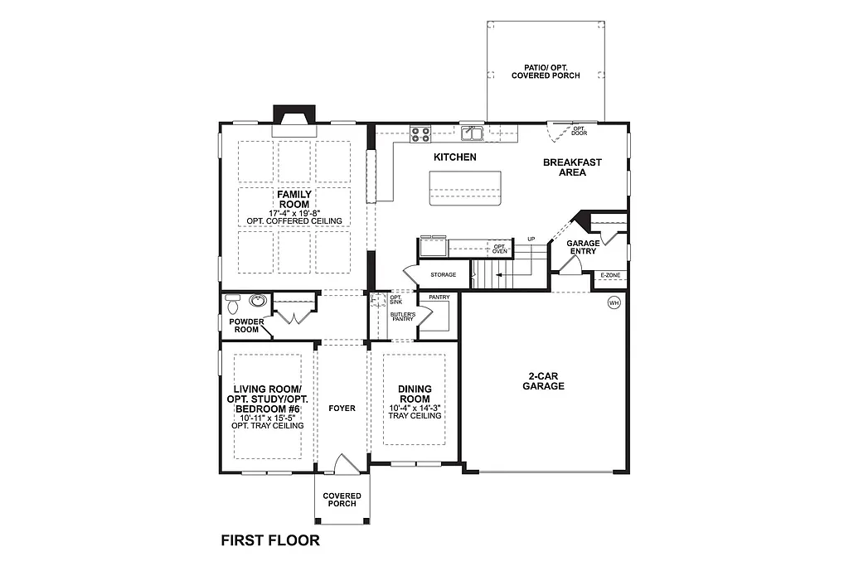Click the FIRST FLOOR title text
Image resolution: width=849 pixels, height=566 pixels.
269,540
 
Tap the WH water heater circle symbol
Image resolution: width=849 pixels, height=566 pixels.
614,302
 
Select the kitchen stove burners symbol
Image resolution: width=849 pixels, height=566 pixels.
420,133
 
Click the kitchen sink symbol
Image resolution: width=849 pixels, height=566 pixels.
473,133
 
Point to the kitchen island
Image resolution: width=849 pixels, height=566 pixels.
465,188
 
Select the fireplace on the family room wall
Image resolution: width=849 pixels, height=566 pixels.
294,120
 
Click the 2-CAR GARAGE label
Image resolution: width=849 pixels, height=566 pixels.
544,380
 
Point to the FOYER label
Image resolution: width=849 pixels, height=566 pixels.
342,409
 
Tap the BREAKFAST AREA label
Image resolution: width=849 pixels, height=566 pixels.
572,167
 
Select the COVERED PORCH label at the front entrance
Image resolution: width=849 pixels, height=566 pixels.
342,500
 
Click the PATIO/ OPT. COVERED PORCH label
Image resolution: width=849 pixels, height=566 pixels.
545,71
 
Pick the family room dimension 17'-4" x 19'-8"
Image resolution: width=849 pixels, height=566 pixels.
294,213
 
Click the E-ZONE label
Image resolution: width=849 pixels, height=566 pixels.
609,275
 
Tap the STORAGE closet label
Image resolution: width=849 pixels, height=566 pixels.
443,275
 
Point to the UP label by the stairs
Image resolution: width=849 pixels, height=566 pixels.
531,239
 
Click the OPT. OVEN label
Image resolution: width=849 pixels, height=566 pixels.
499,249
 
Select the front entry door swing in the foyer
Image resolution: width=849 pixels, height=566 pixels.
346,463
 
